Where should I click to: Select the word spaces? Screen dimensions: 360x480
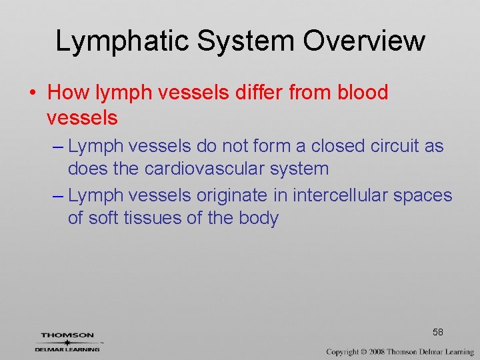click(x=422, y=195)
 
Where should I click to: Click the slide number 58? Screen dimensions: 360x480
click(x=438, y=331)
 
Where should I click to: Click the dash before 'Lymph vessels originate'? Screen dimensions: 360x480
click(x=57, y=196)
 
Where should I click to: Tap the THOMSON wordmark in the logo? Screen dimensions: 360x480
click(x=67, y=335)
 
